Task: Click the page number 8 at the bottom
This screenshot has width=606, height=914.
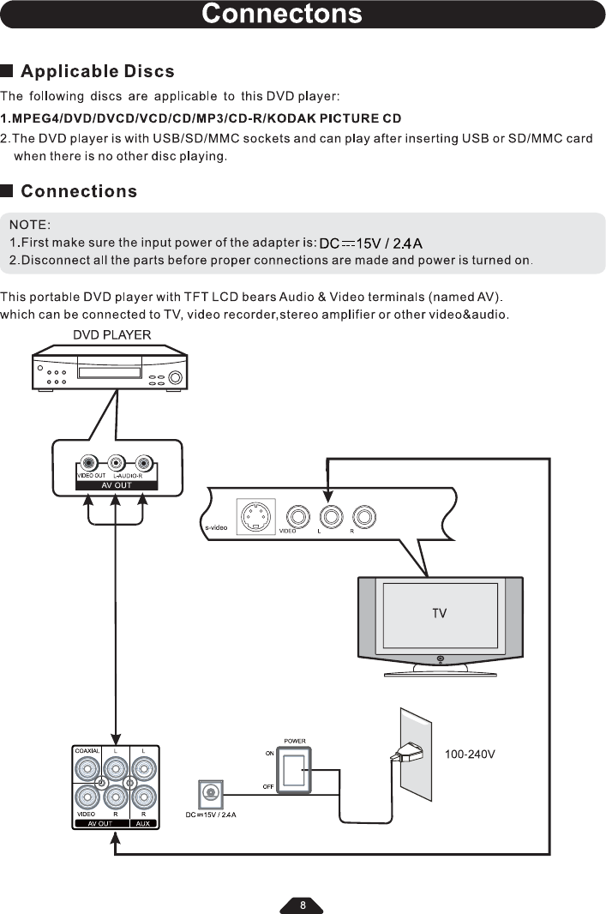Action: (x=302, y=905)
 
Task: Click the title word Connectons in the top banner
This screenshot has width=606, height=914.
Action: (x=282, y=15)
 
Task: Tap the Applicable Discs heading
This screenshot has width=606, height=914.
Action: (x=97, y=71)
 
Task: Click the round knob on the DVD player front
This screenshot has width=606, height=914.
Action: (x=175, y=378)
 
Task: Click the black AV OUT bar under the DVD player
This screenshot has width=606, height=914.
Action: (x=117, y=484)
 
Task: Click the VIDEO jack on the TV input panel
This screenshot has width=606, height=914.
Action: (x=297, y=517)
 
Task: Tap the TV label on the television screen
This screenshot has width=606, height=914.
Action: (x=440, y=613)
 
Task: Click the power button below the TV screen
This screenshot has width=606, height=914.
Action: (x=440, y=658)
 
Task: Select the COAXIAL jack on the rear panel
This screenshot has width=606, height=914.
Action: (x=87, y=768)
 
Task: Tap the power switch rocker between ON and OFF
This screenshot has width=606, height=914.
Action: (x=294, y=770)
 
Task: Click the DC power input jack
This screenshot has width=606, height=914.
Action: (x=211, y=793)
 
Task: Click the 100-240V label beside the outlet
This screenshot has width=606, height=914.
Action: (x=471, y=755)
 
